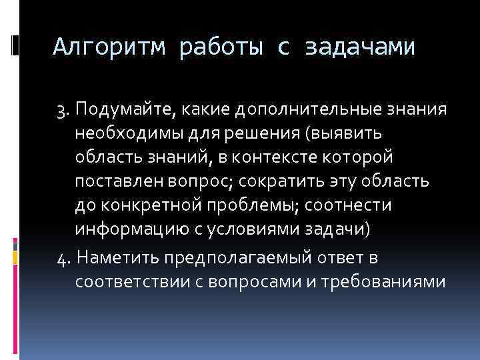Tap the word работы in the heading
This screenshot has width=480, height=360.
coord(221,47)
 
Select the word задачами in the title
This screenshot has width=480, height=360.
coord(360,47)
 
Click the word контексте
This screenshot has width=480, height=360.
coord(289,157)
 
